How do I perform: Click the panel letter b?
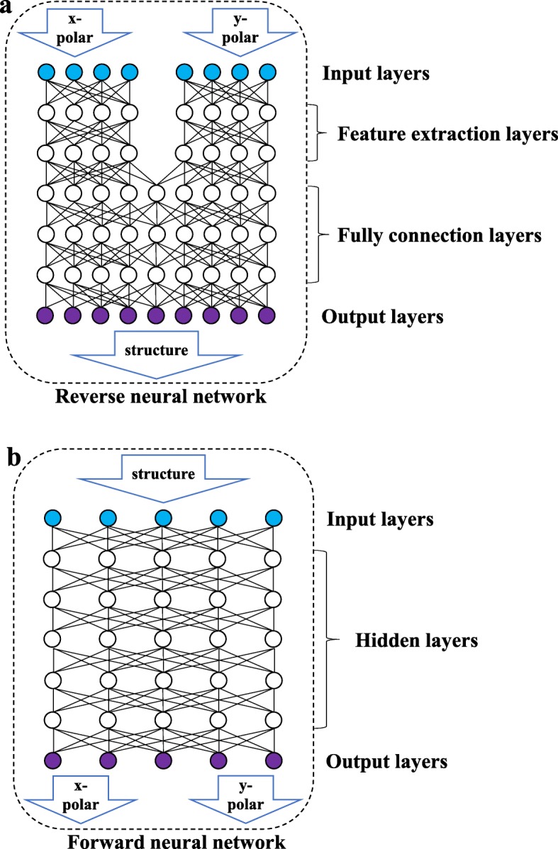point(13,456)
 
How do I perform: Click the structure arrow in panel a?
point(156,351)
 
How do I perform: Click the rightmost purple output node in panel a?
point(267,315)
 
